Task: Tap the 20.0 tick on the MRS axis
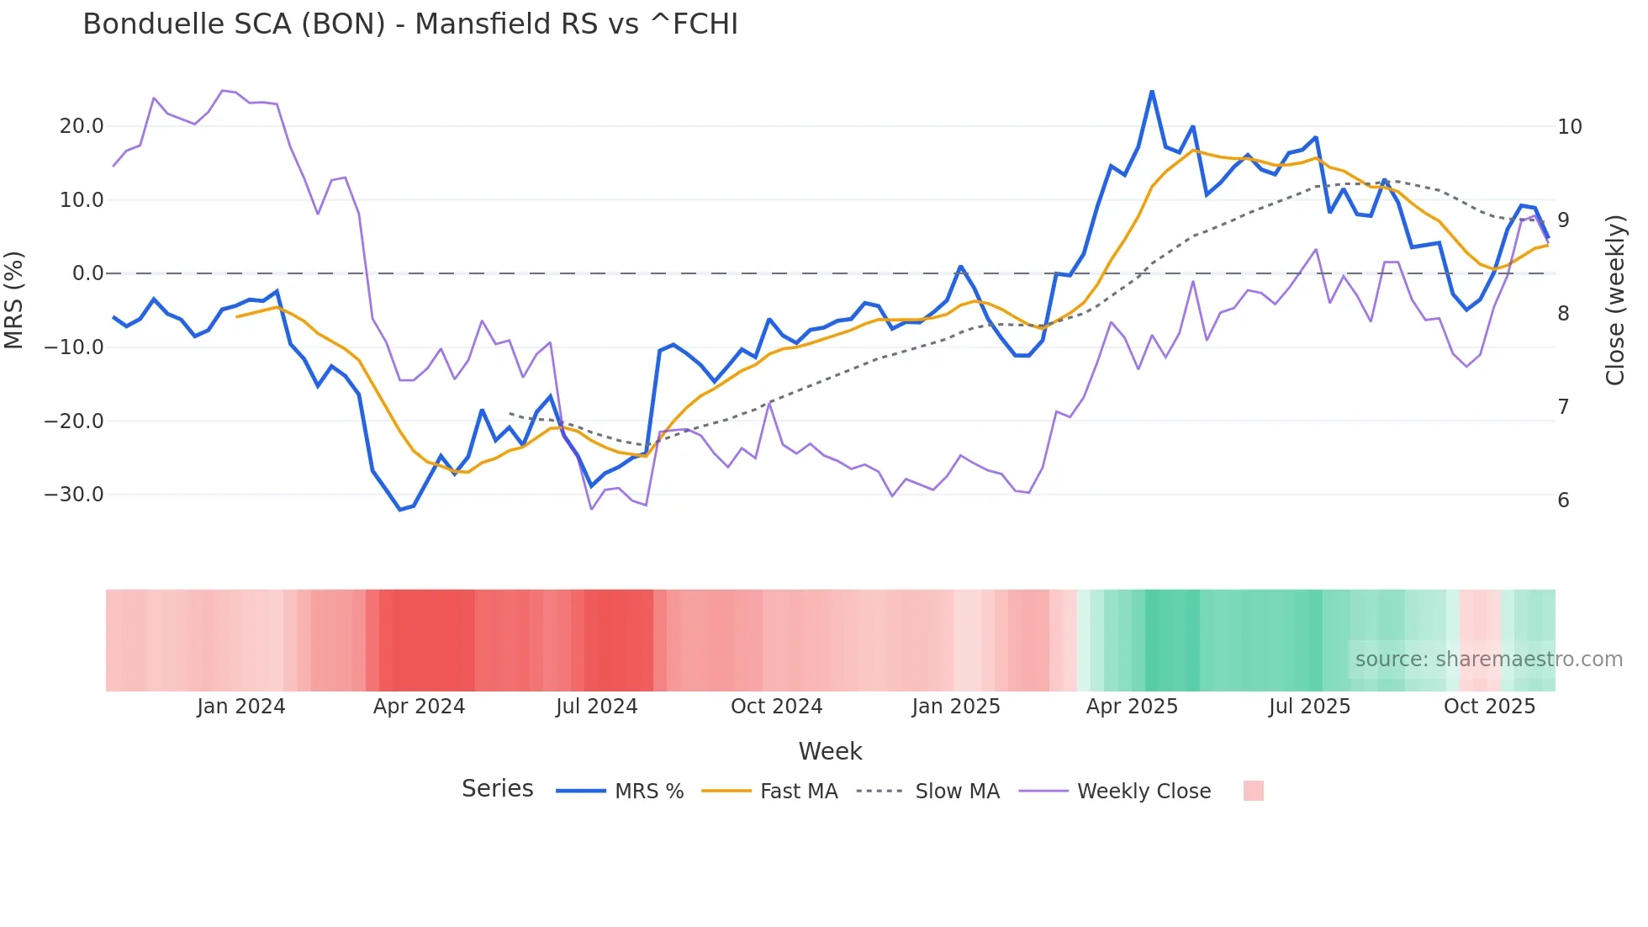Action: click(x=82, y=126)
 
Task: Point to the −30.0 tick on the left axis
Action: click(x=74, y=495)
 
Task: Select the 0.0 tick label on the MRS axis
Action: click(x=88, y=273)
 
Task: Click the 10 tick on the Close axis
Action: click(x=1569, y=127)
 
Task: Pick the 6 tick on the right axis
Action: click(x=1563, y=501)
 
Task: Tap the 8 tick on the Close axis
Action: click(x=1563, y=314)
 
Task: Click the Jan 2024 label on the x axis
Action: click(x=241, y=707)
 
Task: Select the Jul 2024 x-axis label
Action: click(x=596, y=707)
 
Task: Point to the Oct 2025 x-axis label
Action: click(x=1489, y=707)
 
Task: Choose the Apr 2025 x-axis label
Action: click(x=1132, y=707)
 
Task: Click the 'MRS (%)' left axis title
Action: click(x=14, y=299)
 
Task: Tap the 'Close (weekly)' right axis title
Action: click(x=1614, y=300)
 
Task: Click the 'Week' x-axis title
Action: click(x=830, y=751)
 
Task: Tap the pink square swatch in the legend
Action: click(x=1253, y=791)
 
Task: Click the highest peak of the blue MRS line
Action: click(x=1152, y=91)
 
